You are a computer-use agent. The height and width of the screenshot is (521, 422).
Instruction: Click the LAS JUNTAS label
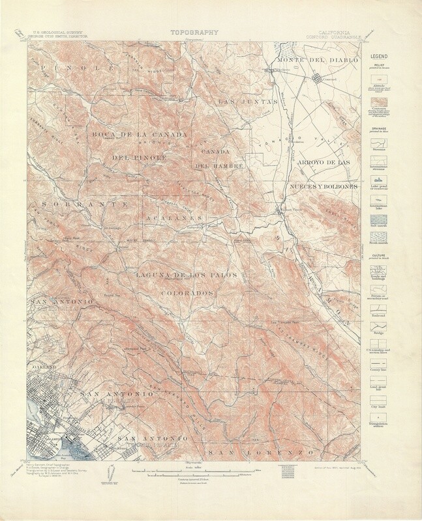pyautogui.click(x=242, y=101)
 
